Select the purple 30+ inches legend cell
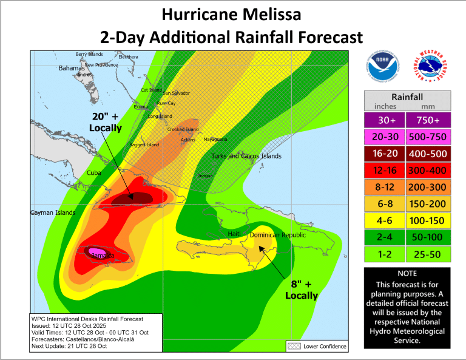coord(384,120)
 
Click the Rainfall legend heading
coord(407,97)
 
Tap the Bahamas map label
coord(71,68)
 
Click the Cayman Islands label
coord(53,212)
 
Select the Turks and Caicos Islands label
coord(246,157)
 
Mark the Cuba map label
coord(93,173)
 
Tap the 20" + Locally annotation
coord(105,122)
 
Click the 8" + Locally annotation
coord(302,290)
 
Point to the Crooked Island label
coord(183,129)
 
